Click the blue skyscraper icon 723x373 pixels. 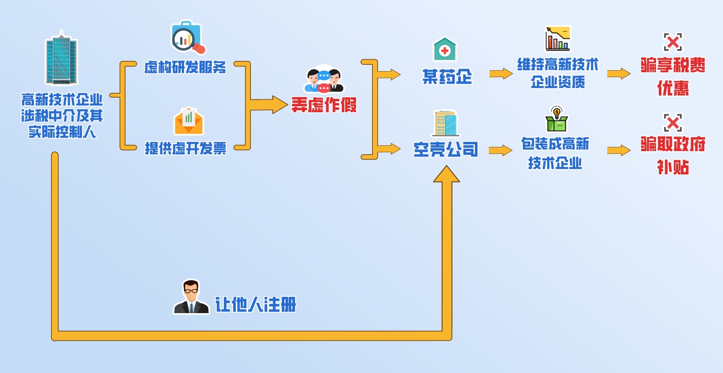point(61,59)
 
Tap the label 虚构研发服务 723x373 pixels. point(185,67)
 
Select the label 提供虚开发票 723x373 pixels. point(186,148)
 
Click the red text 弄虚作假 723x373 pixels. point(324,104)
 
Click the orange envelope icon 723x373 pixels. point(188,121)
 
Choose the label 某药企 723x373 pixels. point(447,77)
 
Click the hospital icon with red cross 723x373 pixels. point(445,49)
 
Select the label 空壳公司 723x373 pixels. point(446,149)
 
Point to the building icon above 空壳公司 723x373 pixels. point(446,124)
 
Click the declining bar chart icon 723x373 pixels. point(557,38)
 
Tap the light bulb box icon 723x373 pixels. point(556,119)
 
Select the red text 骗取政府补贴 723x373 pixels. point(673,155)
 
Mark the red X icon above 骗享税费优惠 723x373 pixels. point(673,42)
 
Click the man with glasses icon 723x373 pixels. point(191,297)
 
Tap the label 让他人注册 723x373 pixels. point(256,305)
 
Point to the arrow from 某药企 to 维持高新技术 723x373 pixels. point(501,73)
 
